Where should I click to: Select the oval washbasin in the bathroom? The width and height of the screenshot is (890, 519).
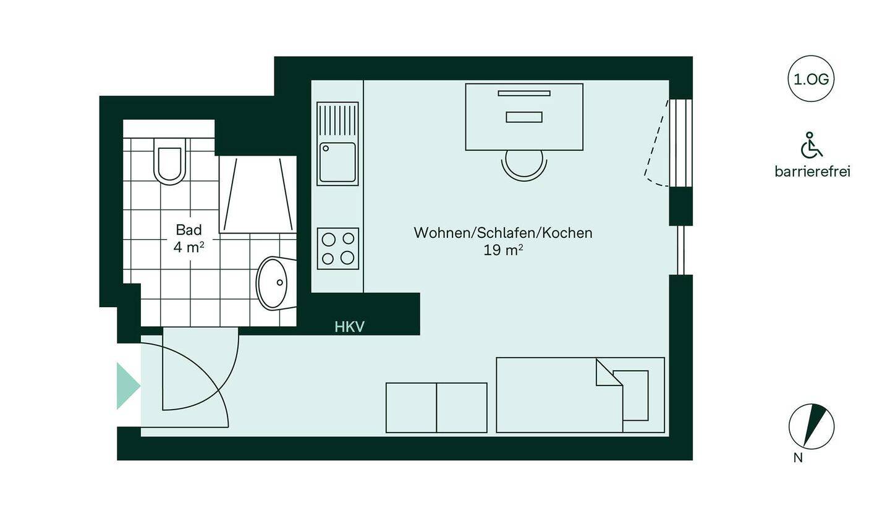pos(273,283)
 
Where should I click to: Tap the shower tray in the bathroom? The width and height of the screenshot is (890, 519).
pos(257,195)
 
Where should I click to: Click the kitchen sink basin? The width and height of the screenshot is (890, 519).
pos(337,162)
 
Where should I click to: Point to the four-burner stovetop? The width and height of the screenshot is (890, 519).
pos(338,248)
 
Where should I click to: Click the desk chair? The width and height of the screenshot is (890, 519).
pos(524,164)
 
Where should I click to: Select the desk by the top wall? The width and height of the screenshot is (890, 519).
pos(524,117)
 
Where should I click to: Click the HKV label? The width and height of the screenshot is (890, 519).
pos(350,327)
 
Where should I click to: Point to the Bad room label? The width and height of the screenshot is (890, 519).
pos(189,230)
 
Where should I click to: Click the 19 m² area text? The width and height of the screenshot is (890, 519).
pos(503,250)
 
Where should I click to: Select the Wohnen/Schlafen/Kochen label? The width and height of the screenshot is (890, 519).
pos(503,233)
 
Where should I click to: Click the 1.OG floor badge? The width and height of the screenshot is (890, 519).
pos(811,79)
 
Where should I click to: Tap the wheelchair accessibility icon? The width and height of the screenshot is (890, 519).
pos(812,146)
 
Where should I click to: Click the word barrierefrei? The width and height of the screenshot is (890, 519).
pos(812,172)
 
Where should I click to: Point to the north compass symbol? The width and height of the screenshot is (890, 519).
pos(812,426)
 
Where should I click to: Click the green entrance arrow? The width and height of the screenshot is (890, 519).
pos(127,386)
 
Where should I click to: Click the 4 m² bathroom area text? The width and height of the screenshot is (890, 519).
pos(189,247)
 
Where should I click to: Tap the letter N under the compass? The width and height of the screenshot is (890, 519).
pos(798,458)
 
